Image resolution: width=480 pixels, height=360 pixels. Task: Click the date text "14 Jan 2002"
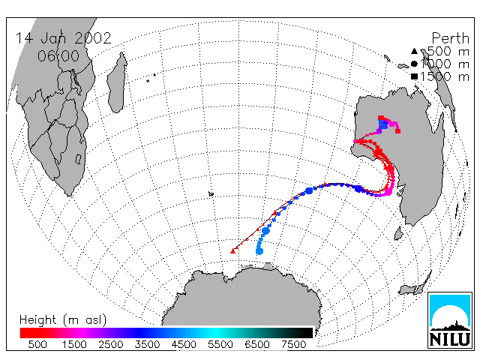[63, 38]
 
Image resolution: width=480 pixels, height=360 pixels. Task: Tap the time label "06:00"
[58, 56]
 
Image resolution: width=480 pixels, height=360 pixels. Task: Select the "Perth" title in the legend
[450, 38]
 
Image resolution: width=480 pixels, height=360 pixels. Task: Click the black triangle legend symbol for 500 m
[414, 51]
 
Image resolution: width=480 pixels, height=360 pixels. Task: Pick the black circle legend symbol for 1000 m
[414, 64]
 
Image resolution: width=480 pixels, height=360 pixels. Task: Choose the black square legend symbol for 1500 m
[414, 76]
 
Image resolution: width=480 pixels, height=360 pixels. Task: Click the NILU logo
[450, 320]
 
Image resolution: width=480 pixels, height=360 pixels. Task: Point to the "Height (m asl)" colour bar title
[63, 320]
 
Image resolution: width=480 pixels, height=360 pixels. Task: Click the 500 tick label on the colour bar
[37, 344]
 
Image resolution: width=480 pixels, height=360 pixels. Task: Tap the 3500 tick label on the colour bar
[147, 344]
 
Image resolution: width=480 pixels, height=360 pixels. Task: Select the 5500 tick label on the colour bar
[220, 344]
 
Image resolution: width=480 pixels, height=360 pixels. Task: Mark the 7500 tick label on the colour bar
[293, 344]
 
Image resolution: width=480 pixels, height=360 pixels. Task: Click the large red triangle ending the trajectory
[233, 251]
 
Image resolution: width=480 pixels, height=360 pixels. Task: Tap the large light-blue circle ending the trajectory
[259, 251]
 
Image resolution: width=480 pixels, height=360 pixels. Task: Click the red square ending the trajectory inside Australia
[397, 131]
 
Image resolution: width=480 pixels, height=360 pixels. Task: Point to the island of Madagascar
[117, 83]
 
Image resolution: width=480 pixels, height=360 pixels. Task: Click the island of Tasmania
[399, 233]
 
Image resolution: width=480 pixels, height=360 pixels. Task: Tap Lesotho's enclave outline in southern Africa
[78, 159]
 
